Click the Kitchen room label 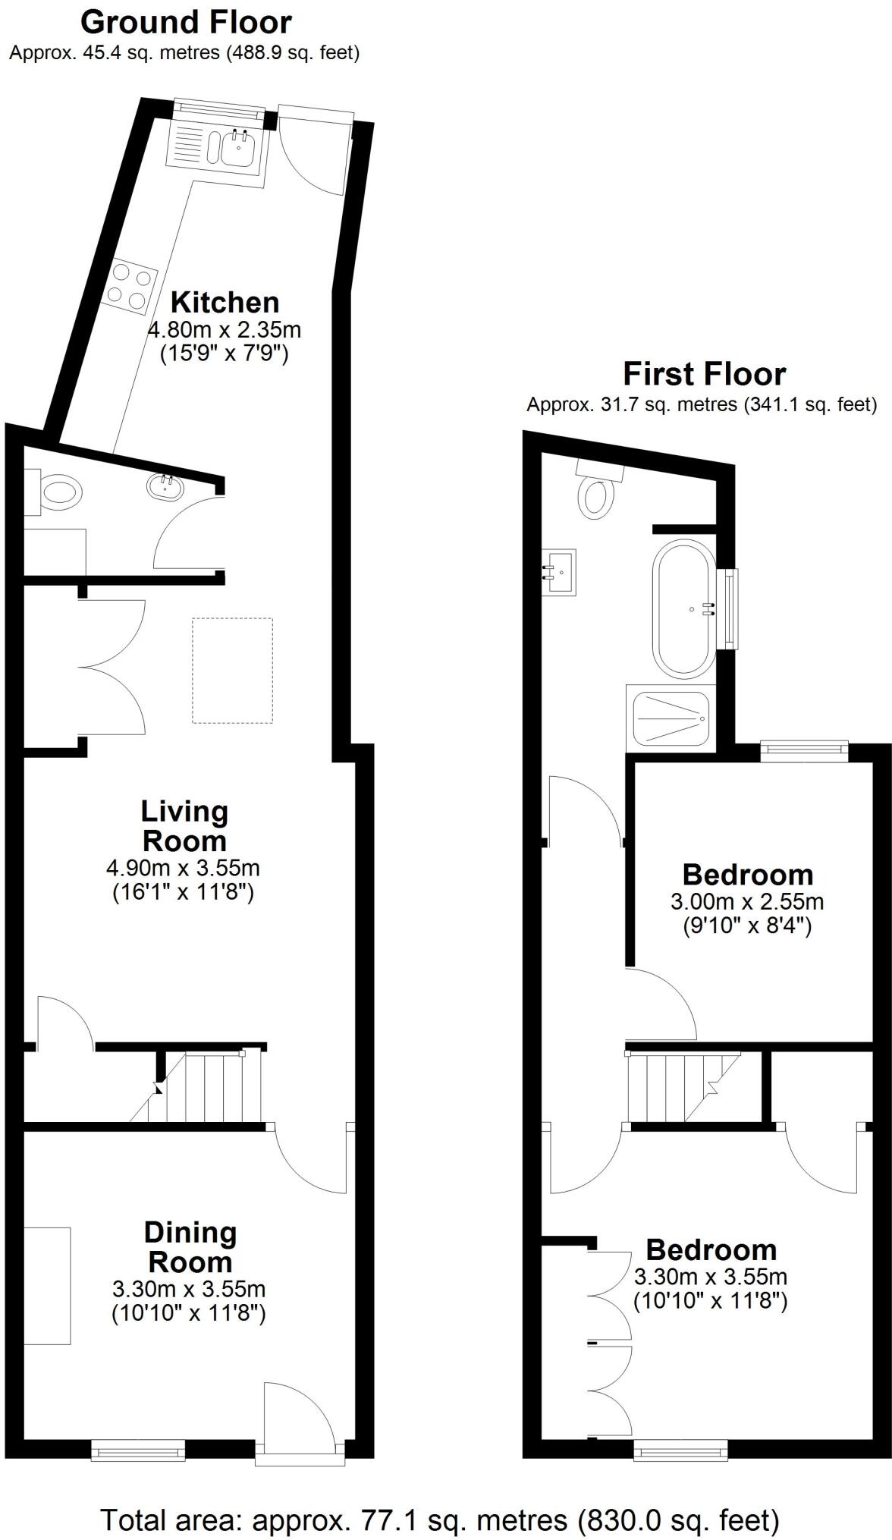(225, 302)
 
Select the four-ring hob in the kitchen (127, 286)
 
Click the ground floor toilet (59, 494)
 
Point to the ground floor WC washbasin (165, 486)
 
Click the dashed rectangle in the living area (231, 670)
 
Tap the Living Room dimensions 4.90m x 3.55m (185, 867)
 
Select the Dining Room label (190, 1246)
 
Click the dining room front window (138, 1451)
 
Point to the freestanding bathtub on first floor (684, 609)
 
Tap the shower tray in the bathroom (669, 717)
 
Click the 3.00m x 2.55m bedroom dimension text (746, 902)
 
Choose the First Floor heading (704, 374)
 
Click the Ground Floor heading (186, 22)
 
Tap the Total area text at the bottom (440, 1499)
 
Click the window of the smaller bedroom (804, 750)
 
